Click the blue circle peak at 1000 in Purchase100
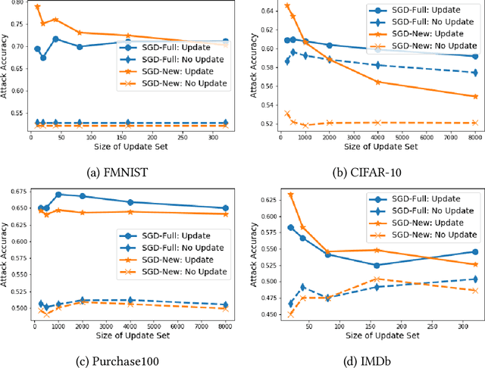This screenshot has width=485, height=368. [x=58, y=195]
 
